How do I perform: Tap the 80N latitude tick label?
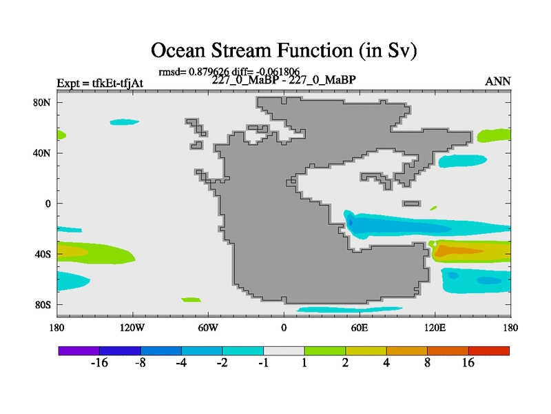(x=42, y=102)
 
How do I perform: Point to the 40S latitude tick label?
(x=43, y=254)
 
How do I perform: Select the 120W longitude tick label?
(x=132, y=328)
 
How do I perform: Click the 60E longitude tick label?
(x=360, y=328)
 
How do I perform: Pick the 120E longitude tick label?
(x=435, y=328)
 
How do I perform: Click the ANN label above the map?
(x=497, y=81)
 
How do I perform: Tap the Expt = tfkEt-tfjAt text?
(x=100, y=83)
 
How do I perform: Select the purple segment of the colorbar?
(x=79, y=351)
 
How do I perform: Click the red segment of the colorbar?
(x=489, y=351)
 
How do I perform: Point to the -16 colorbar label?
(x=99, y=363)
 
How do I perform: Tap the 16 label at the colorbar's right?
(x=468, y=363)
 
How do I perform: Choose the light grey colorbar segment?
(x=284, y=351)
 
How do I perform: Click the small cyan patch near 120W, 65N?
(x=124, y=122)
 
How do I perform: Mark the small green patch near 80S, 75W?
(x=191, y=299)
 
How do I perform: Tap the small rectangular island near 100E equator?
(x=411, y=204)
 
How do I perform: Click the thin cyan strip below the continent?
(x=350, y=309)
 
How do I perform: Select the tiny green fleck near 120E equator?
(x=434, y=208)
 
